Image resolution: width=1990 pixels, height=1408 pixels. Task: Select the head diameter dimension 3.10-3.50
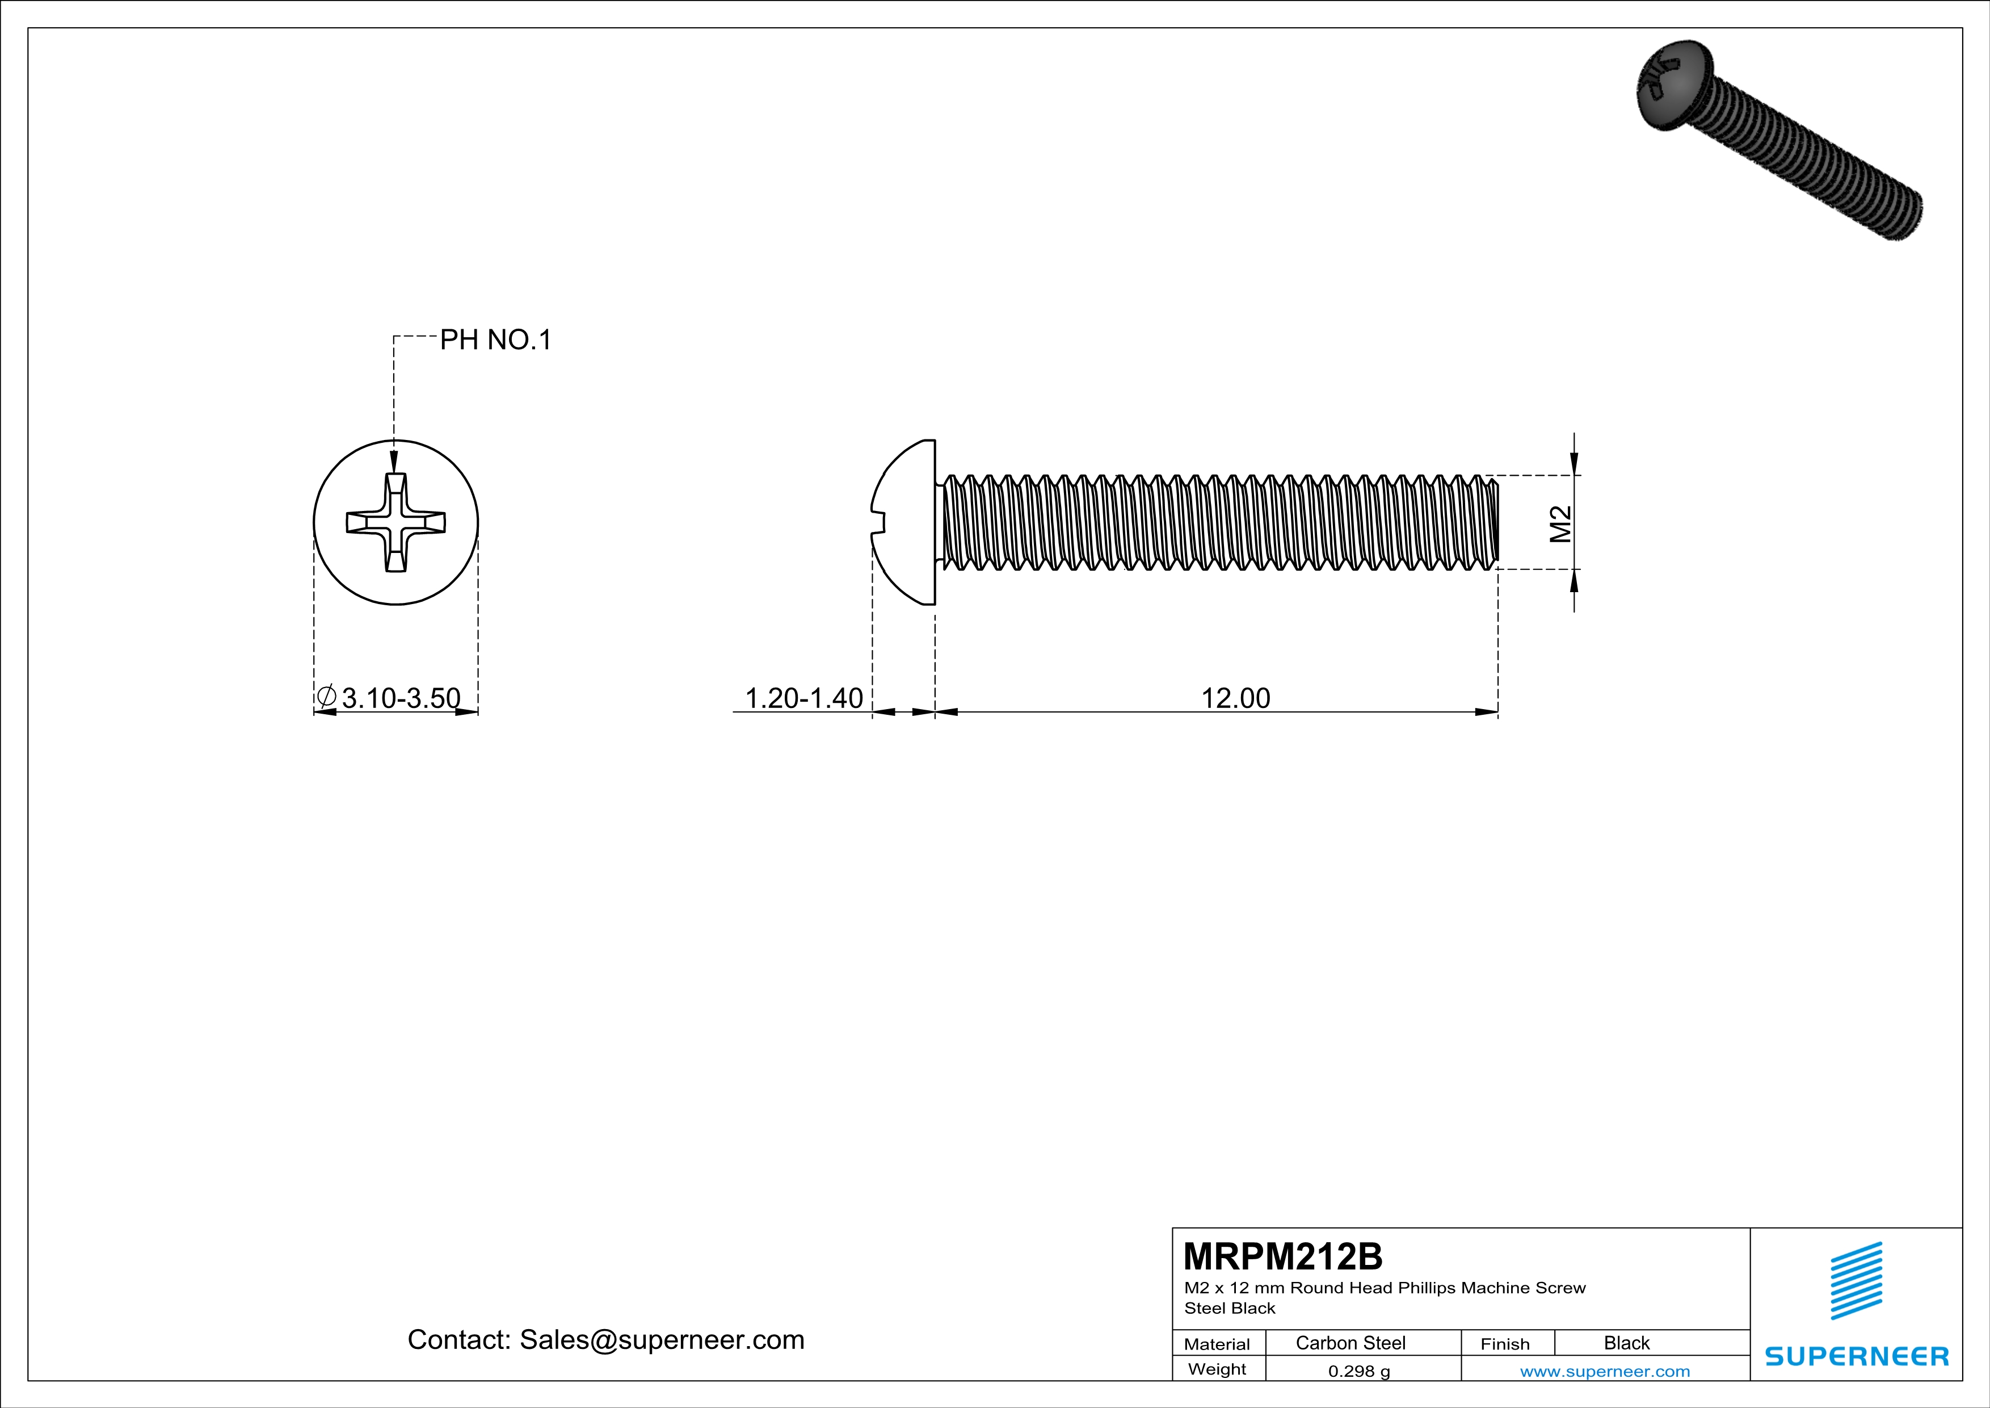(x=401, y=698)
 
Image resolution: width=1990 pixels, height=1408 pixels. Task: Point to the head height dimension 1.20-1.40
(x=803, y=698)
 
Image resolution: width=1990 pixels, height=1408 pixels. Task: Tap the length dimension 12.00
(x=1235, y=698)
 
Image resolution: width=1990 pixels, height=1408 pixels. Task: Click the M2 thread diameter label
(x=1560, y=523)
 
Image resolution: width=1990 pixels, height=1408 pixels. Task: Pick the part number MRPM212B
(x=1283, y=1255)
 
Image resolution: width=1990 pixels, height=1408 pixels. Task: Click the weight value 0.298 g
(x=1359, y=1371)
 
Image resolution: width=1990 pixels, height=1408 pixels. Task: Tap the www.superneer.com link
(x=1604, y=1371)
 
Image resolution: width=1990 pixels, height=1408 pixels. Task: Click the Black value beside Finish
(x=1626, y=1343)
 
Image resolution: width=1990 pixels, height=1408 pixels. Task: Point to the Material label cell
(x=1217, y=1344)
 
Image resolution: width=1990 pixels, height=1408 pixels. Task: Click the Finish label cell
(x=1505, y=1344)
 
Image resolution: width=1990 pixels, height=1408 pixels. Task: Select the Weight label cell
(x=1217, y=1369)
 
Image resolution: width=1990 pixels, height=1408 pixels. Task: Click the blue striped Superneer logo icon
(x=1856, y=1281)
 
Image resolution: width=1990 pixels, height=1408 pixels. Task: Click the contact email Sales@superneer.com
(x=661, y=1339)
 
